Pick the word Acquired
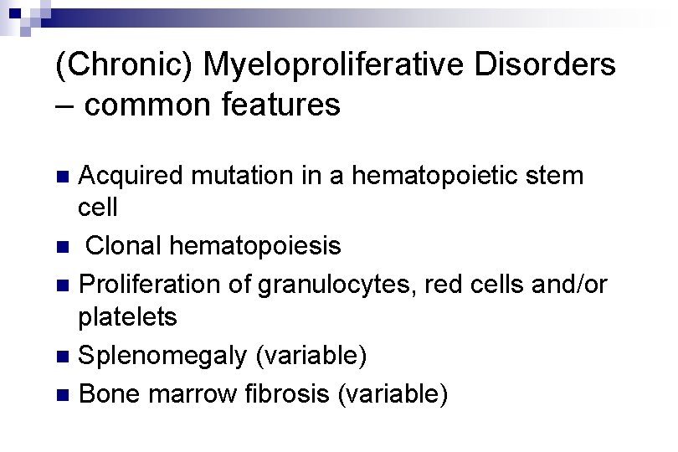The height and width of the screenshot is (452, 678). [130, 177]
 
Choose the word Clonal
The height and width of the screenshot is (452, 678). [123, 247]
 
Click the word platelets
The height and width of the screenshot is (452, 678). [127, 318]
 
